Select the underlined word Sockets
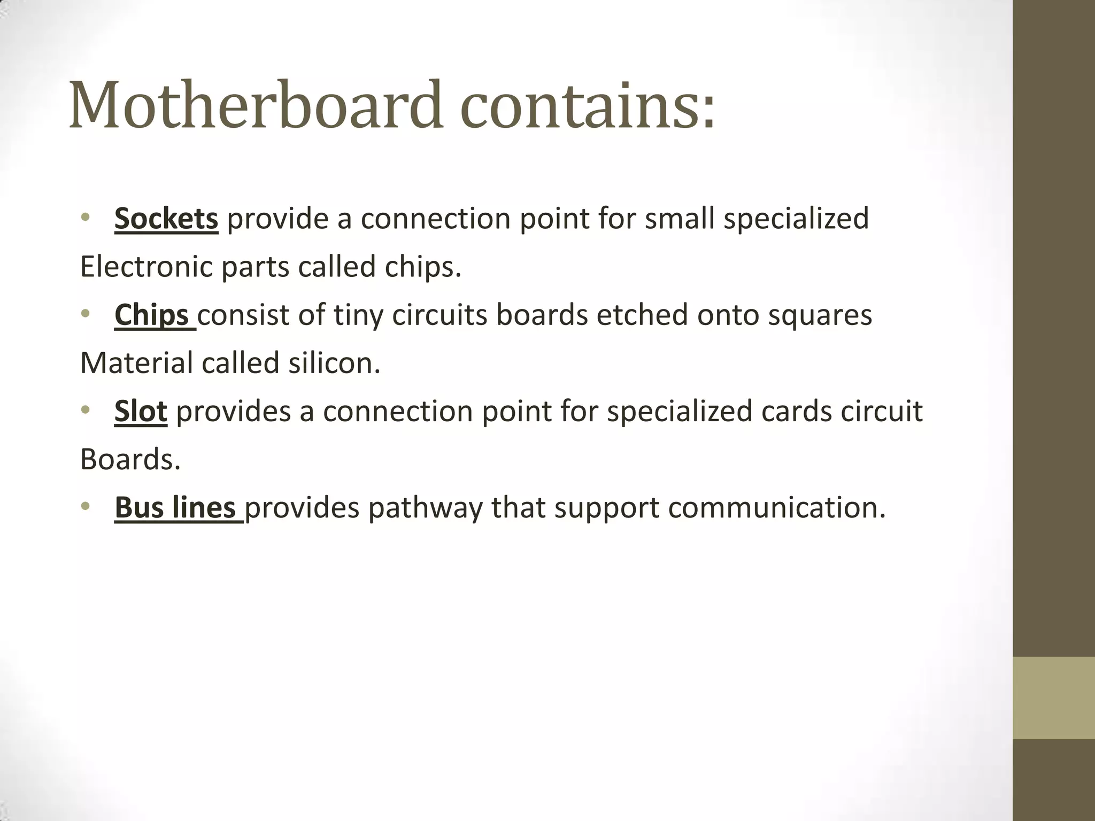coord(166,219)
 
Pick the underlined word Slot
coord(141,411)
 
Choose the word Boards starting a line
coord(130,459)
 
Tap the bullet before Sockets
coord(85,218)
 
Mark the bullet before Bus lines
coord(85,506)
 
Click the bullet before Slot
coord(85,410)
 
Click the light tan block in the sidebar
coord(1053,698)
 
